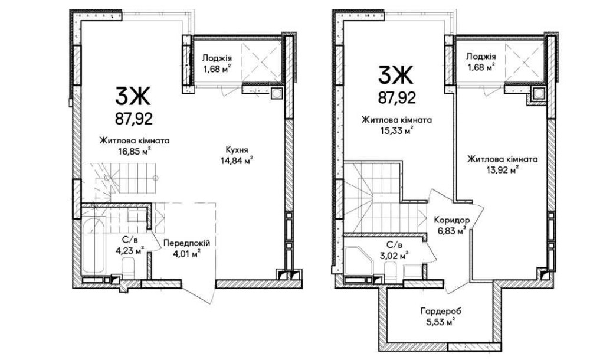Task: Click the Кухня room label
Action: point(237,150)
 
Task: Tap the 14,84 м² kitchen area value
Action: point(237,161)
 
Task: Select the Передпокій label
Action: point(186,243)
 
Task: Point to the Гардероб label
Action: point(441,312)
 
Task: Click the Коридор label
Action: point(451,220)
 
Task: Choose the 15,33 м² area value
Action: point(396,130)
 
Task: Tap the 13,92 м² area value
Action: point(502,169)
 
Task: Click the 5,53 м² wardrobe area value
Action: point(441,322)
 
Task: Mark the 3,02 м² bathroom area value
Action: point(394,256)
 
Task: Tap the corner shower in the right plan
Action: point(359,261)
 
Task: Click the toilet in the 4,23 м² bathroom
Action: point(129,268)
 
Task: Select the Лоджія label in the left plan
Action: point(217,58)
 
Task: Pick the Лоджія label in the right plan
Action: point(481,57)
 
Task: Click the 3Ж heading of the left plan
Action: point(133,97)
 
